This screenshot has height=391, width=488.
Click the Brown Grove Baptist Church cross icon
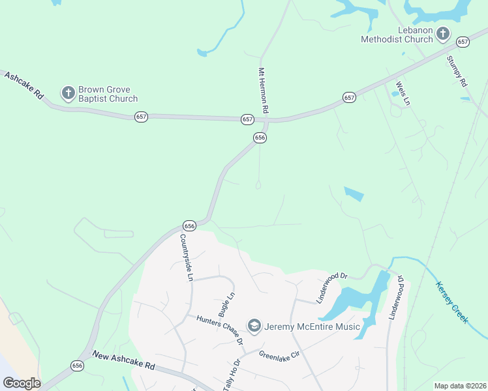tap(68, 93)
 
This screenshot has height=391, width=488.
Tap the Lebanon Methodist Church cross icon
tap(443, 33)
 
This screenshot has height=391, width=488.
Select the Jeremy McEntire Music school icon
tap(254, 325)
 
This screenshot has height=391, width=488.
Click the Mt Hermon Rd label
tap(264, 91)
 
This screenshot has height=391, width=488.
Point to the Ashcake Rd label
tap(24, 85)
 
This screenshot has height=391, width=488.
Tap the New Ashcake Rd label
tap(123, 360)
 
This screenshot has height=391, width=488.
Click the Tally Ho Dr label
tap(232, 374)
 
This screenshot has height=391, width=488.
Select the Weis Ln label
tap(403, 93)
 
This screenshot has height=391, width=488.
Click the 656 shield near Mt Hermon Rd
tap(260, 138)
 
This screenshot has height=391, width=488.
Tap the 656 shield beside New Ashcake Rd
tap(78, 366)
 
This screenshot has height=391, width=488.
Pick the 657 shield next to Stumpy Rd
tap(463, 42)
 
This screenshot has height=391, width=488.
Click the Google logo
tap(21, 383)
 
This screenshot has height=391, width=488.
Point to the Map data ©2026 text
tap(460, 386)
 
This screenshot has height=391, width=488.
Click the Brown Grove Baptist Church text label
tap(108, 94)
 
